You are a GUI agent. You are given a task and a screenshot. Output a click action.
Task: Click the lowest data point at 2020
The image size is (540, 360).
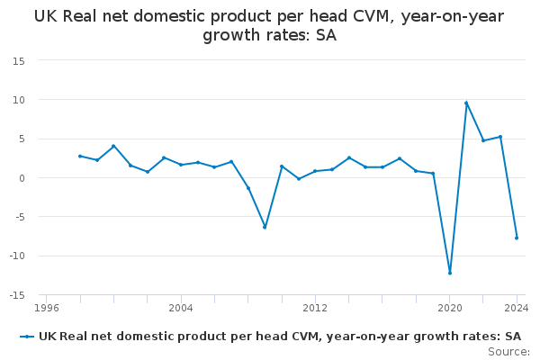click(450, 274)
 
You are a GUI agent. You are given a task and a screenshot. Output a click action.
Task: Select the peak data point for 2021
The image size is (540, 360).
click(466, 103)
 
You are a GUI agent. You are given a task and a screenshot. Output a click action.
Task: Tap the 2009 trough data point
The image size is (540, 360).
click(265, 228)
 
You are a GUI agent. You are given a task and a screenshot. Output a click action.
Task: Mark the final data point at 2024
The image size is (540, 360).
click(517, 238)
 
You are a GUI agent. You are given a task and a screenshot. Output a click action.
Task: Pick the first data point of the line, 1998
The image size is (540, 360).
click(80, 156)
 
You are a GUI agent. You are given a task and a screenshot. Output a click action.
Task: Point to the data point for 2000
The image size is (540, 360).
click(113, 146)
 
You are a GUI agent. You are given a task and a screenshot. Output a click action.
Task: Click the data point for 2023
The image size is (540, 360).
click(500, 137)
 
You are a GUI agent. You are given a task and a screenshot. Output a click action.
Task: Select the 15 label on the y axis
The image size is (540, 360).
click(19, 61)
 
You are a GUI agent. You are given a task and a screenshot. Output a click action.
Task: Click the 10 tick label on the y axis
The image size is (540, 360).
click(19, 100)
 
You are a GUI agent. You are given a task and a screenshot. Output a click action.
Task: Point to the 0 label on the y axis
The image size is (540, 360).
click(22, 178)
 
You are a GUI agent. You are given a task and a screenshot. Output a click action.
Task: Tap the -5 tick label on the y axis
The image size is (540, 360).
click(19, 218)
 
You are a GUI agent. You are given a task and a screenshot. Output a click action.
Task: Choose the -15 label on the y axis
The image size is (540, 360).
click(17, 295)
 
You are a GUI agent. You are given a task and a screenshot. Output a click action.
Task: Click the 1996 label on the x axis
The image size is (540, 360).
click(47, 308)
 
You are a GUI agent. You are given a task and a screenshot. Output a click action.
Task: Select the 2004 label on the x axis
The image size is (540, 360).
click(181, 308)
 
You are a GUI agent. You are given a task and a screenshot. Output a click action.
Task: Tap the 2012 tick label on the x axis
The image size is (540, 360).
click(315, 308)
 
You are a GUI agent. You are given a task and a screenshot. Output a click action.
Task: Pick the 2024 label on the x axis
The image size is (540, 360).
click(517, 308)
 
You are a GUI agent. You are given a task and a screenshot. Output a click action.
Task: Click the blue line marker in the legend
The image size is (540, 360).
click(27, 337)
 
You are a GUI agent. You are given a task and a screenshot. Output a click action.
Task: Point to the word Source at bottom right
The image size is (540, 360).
click(508, 352)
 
